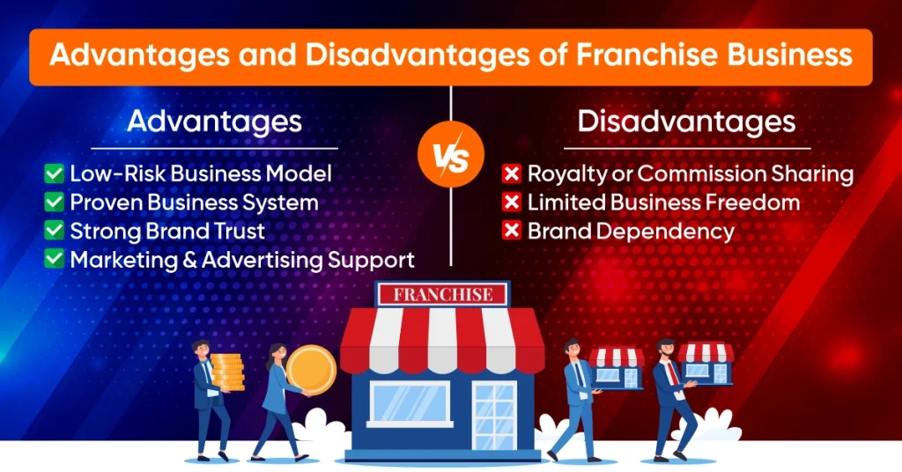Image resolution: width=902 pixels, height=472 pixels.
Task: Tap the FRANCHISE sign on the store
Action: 442,295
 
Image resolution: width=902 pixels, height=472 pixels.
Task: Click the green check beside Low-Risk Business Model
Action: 55,173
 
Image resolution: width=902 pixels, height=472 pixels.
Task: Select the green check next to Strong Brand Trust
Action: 55,231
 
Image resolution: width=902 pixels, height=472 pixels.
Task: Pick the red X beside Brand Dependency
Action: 511,231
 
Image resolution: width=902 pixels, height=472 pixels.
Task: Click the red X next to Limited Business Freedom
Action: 511,203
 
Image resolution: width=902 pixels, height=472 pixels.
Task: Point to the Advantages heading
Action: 214,121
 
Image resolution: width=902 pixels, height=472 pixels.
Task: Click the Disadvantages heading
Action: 686,121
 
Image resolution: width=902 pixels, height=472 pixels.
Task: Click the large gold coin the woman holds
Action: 311,370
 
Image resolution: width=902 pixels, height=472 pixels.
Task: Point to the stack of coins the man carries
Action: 227,370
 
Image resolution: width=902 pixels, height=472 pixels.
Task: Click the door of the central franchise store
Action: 495,414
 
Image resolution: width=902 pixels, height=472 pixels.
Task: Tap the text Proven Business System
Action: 194,203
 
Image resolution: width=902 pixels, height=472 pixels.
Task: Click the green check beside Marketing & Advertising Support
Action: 55,260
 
